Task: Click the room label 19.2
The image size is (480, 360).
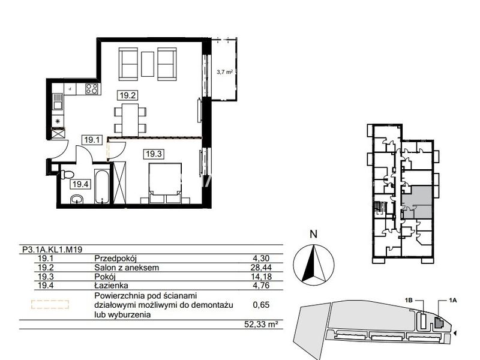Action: point(127,95)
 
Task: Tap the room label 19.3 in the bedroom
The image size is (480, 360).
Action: point(154,154)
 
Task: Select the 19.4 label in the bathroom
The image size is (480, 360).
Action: point(80,184)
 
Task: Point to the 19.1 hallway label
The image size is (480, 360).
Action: point(92,140)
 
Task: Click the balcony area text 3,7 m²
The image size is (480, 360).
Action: point(224,72)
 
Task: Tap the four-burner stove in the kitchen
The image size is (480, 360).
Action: point(92,89)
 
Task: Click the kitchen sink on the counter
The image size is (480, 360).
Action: point(58,101)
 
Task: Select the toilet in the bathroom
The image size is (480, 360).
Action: point(67,175)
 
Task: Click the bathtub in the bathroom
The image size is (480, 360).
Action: point(101,187)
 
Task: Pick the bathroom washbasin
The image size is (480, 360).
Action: point(77,200)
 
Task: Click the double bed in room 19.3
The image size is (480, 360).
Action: point(165,183)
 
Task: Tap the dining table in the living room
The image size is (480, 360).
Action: point(130,120)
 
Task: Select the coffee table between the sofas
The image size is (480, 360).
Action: point(148,64)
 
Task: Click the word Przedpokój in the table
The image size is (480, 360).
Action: point(115,259)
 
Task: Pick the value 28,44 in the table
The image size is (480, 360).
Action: point(261,268)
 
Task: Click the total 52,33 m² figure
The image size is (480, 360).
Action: point(261,324)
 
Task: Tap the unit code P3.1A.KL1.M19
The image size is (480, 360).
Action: point(52,250)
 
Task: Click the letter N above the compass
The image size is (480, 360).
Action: point(313,234)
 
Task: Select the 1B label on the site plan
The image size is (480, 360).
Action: point(409,301)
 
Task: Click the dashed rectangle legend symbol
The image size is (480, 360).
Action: point(50,305)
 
